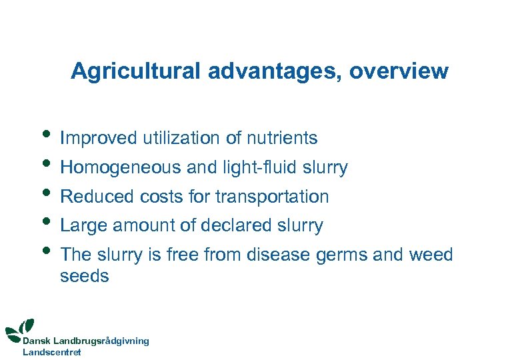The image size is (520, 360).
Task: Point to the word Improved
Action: click(98, 139)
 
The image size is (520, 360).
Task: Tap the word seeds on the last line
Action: click(84, 276)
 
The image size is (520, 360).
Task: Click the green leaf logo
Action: click(21, 327)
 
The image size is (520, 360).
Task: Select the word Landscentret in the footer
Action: click(52, 352)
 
